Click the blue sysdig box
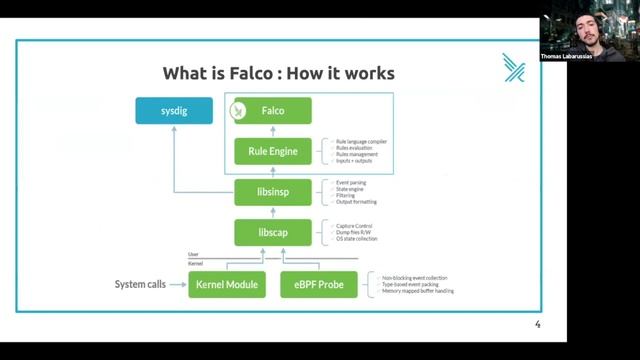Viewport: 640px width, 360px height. point(174,111)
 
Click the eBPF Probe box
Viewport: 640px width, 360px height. point(319,285)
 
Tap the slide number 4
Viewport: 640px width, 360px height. point(537,325)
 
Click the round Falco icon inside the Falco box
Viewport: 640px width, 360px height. point(238,111)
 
